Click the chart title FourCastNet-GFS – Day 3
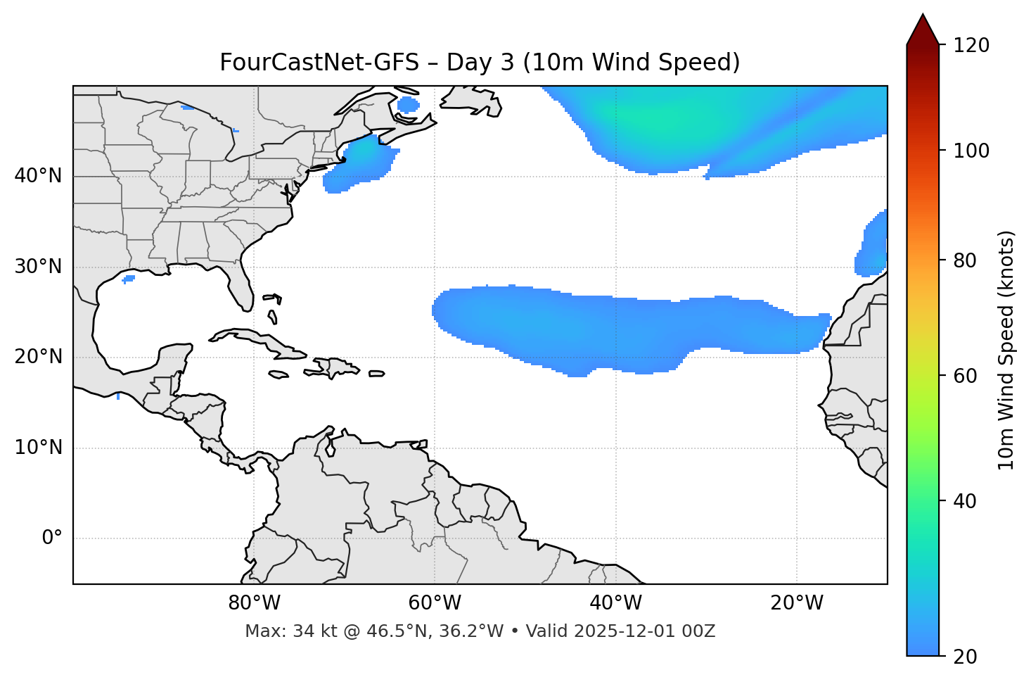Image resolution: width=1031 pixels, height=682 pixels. [480, 63]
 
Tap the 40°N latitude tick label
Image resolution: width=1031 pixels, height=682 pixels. [38, 176]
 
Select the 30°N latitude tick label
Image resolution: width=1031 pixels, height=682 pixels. [38, 267]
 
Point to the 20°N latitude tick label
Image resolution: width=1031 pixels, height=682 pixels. [38, 357]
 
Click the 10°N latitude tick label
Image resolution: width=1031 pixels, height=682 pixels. [38, 448]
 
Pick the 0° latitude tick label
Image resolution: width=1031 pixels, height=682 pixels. [52, 538]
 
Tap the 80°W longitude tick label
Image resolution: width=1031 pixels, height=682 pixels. [254, 603]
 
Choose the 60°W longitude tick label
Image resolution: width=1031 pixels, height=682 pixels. [435, 603]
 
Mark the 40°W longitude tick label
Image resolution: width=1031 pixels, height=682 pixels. [615, 603]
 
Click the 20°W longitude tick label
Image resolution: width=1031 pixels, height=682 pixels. [796, 603]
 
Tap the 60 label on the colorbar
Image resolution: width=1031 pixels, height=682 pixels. [968, 376]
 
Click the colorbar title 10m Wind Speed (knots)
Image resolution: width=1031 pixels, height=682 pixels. [1006, 350]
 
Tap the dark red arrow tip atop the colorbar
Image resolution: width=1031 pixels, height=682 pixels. [923, 28]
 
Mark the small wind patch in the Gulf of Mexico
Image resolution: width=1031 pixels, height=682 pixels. [128, 279]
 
